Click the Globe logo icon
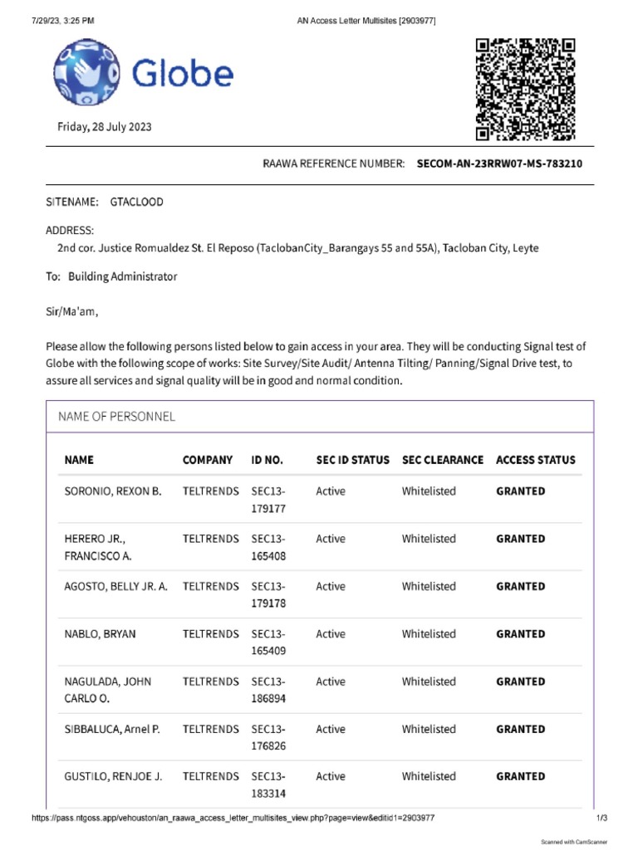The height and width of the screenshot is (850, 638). tap(86, 72)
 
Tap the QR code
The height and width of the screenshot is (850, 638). tap(525, 90)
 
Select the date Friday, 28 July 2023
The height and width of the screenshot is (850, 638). tap(104, 127)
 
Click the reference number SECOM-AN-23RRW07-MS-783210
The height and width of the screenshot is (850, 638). tap(499, 164)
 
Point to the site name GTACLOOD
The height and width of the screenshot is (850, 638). tap(136, 202)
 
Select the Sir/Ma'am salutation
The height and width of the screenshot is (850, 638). tap(71, 312)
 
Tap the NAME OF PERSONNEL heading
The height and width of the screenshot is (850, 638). tap(116, 417)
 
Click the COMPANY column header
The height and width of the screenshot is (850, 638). tap(208, 460)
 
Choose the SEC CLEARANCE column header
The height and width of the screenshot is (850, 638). tap(442, 460)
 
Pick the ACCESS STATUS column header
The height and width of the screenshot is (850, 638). tap(535, 460)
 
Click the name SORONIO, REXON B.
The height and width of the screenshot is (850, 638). tap(113, 491)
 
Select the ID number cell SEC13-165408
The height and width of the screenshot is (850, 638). tap(268, 547)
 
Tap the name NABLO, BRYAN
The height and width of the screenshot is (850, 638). tap(100, 634)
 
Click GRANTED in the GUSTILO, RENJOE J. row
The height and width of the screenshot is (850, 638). tap(520, 777)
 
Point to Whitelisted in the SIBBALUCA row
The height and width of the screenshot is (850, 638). tap(429, 729)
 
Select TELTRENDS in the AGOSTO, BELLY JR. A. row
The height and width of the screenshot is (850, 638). tap(210, 586)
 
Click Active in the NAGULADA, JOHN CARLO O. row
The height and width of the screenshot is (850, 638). tap(330, 681)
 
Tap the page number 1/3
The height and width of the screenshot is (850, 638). tap(602, 818)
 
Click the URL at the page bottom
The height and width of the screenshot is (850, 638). tap(233, 818)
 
